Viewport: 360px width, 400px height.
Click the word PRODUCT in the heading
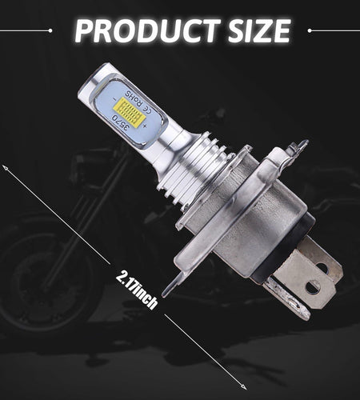[x=148, y=30]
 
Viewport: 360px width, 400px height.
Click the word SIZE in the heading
[x=259, y=30]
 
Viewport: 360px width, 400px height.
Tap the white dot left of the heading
[x=50, y=30]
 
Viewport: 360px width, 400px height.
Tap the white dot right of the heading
[x=310, y=30]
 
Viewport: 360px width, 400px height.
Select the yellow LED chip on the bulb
[x=130, y=111]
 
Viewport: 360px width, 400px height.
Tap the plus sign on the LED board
[x=145, y=126]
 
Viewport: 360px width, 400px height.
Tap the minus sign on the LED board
[x=114, y=99]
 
